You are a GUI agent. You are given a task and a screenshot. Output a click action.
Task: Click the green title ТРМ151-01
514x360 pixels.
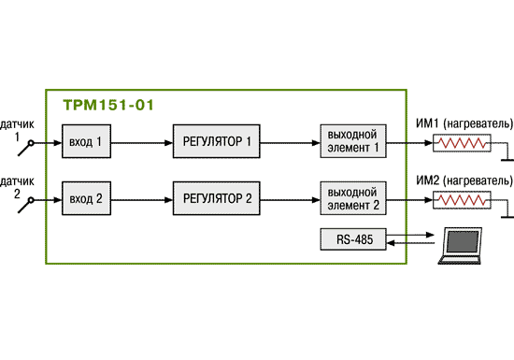click(x=108, y=106)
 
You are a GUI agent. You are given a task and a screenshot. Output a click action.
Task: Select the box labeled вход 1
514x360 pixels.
click(x=86, y=141)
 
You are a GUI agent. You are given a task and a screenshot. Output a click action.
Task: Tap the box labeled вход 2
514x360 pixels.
click(x=86, y=198)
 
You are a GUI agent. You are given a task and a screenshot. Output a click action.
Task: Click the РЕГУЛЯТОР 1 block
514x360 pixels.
click(x=217, y=141)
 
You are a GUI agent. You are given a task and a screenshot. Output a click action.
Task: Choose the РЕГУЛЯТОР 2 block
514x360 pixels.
click(x=217, y=198)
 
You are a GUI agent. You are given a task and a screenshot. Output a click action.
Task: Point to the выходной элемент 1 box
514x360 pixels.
click(x=353, y=141)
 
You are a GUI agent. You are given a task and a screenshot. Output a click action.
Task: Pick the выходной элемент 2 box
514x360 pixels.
click(x=353, y=198)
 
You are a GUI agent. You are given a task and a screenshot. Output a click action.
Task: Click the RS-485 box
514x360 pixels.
click(x=353, y=239)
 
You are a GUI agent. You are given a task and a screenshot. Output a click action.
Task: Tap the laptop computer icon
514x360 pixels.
click(x=460, y=246)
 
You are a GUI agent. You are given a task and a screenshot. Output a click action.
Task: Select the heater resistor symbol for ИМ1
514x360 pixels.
click(x=462, y=143)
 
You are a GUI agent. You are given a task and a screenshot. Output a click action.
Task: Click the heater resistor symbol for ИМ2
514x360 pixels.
click(x=462, y=200)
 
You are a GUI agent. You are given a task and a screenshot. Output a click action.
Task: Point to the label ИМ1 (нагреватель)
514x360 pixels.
click(x=464, y=124)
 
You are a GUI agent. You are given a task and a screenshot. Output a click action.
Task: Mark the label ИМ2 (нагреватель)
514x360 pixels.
click(x=464, y=180)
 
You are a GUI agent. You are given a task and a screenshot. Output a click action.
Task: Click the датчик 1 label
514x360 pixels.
click(x=17, y=130)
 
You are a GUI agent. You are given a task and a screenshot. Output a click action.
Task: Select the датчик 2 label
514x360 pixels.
click(x=17, y=187)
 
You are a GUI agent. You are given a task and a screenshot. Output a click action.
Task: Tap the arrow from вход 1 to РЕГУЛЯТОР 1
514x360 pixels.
click(x=142, y=143)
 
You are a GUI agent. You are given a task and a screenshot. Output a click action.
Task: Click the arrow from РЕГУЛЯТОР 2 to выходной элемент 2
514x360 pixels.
click(x=290, y=200)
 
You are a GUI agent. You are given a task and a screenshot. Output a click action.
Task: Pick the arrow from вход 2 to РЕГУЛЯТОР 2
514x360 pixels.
click(x=142, y=200)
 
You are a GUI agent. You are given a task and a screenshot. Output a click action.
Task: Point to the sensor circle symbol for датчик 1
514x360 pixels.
click(x=31, y=143)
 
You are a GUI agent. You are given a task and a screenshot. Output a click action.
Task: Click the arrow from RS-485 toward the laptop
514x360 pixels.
click(x=410, y=235)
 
